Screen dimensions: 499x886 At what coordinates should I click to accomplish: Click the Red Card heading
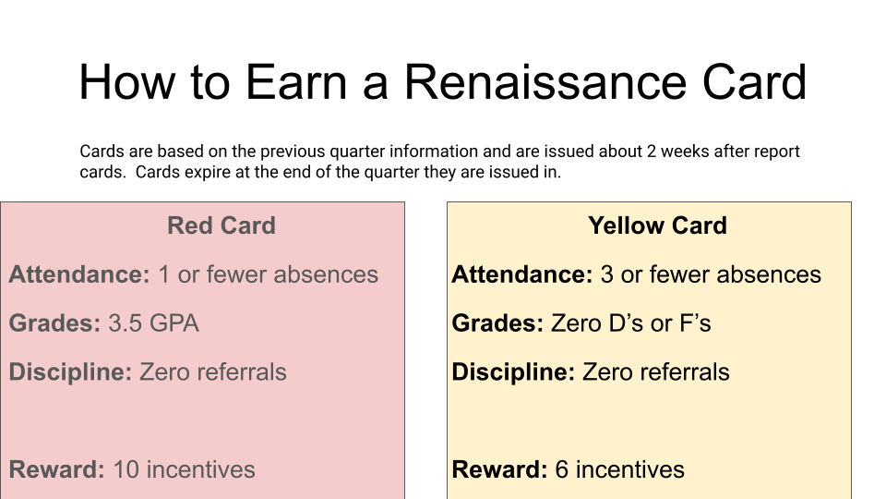click(x=221, y=225)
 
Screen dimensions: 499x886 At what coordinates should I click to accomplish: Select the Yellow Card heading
click(x=657, y=225)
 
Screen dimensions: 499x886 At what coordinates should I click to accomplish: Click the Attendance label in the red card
click(x=78, y=274)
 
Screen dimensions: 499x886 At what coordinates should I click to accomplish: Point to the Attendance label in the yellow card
click(x=521, y=274)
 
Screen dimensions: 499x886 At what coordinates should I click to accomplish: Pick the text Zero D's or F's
click(x=631, y=323)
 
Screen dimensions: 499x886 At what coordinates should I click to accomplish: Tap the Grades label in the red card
click(x=54, y=323)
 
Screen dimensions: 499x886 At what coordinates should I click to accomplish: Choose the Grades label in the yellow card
click(x=497, y=323)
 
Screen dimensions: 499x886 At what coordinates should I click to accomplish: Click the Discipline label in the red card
click(x=70, y=372)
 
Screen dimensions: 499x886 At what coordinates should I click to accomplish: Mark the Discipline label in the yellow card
click(x=513, y=372)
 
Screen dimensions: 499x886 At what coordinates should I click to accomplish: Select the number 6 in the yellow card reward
click(x=562, y=469)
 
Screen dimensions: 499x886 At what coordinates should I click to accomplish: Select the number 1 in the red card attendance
click(x=163, y=274)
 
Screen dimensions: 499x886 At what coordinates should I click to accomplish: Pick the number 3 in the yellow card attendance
click(x=607, y=274)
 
